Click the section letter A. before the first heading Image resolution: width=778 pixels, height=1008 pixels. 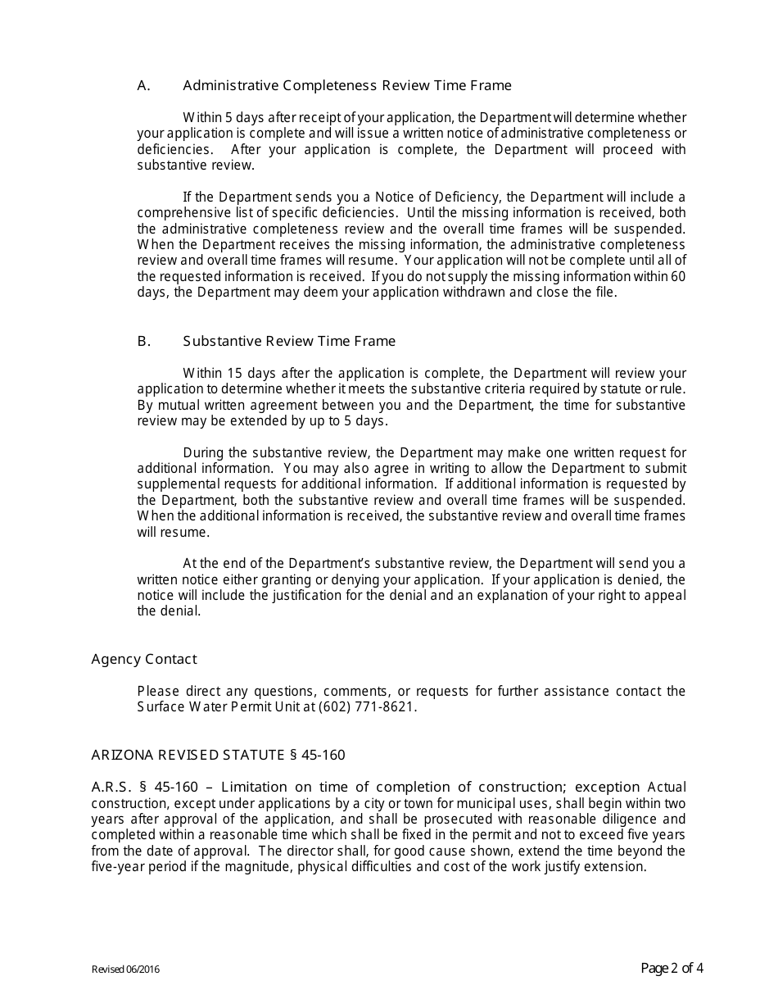(144, 85)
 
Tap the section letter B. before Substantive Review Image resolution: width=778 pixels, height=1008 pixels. (144, 341)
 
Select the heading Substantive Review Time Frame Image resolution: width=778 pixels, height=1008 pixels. (289, 341)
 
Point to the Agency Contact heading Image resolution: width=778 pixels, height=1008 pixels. (144, 659)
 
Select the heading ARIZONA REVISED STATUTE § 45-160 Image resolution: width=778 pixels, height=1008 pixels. (224, 755)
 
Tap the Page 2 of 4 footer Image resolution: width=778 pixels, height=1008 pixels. (672, 969)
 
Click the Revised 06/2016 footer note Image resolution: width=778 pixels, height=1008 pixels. (125, 970)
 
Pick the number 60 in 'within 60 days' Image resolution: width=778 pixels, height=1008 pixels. (678, 276)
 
